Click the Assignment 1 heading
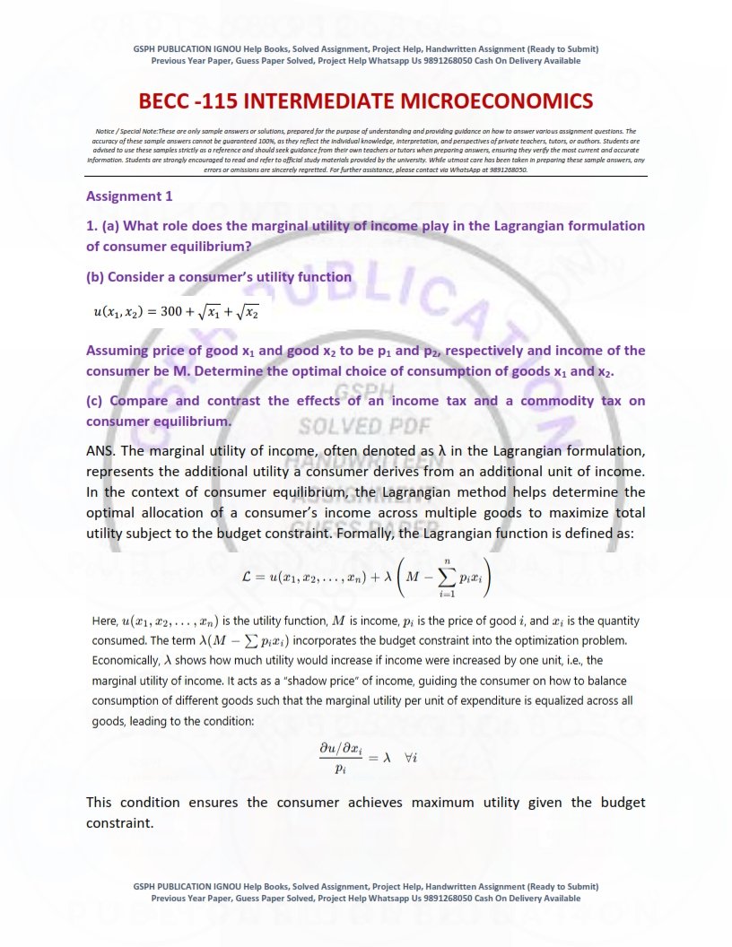coord(129,195)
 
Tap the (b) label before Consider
coord(96,277)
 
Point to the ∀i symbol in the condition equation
coord(412,757)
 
